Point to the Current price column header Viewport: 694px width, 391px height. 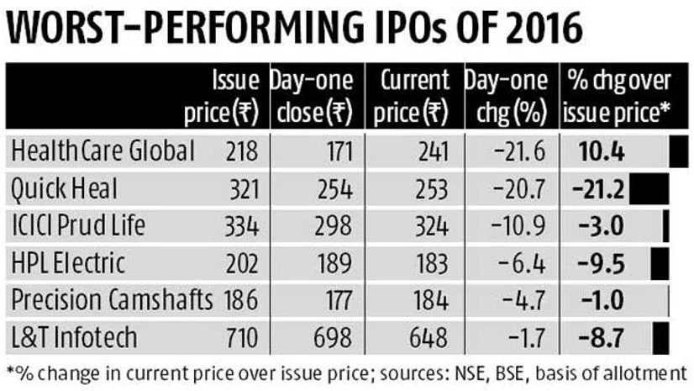tap(412, 96)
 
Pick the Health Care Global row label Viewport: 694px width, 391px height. tap(103, 151)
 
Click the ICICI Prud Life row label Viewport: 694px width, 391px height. tap(77, 226)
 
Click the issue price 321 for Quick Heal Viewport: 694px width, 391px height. tap(243, 189)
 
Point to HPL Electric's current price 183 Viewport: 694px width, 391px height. tap(431, 263)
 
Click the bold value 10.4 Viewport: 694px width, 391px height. tap(601, 152)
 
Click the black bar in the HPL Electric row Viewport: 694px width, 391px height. tap(660, 262)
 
